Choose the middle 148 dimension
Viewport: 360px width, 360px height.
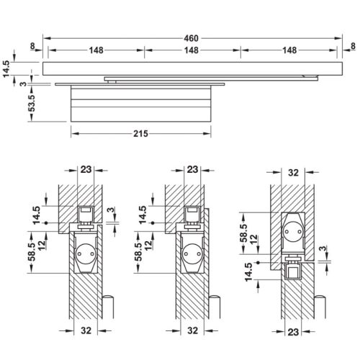[x=191, y=50]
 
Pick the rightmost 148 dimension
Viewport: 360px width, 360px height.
[x=288, y=50]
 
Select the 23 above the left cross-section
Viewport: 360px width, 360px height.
[x=86, y=169]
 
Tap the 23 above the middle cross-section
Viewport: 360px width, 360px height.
[x=192, y=169]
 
